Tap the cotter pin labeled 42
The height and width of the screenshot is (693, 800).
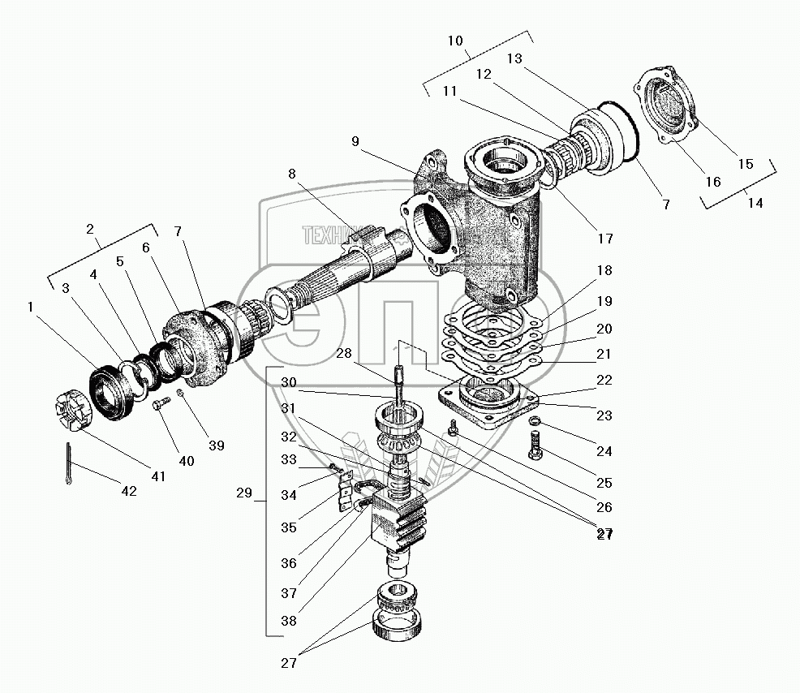[68, 465]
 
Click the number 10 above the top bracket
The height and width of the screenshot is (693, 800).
[455, 41]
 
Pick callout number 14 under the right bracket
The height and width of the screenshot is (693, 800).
[755, 203]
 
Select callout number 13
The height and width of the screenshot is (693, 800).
[515, 58]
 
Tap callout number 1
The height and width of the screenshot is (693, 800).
[30, 307]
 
